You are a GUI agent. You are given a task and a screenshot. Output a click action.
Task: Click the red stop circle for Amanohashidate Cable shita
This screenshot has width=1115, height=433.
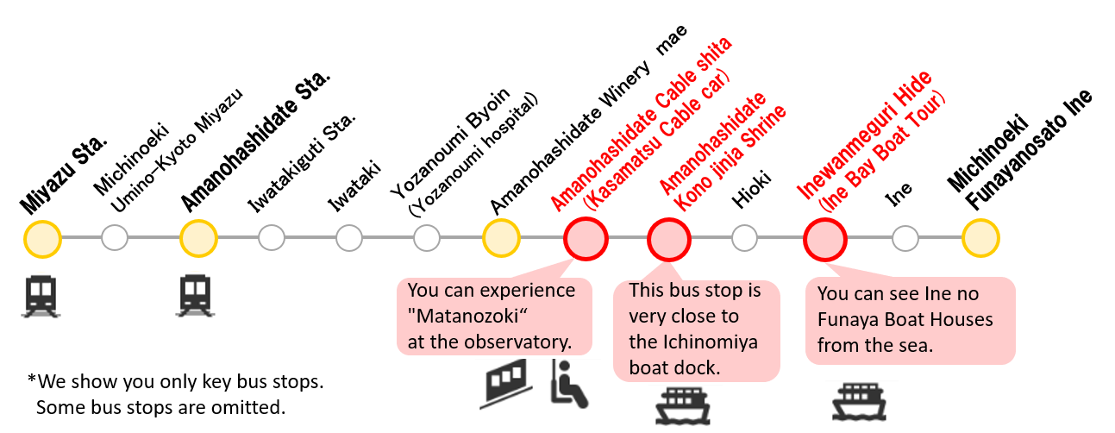point(586,238)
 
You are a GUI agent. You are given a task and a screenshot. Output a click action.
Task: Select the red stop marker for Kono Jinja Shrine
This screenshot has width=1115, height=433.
point(669,238)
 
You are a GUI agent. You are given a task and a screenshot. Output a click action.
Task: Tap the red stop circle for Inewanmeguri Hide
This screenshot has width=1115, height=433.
point(824,238)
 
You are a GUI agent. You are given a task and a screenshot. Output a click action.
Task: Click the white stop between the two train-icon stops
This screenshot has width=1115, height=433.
point(115,237)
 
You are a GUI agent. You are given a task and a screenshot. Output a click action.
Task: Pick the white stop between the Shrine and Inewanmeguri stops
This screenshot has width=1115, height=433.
point(744,237)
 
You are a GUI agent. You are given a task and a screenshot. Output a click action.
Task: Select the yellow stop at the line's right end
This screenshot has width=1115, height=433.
point(980,238)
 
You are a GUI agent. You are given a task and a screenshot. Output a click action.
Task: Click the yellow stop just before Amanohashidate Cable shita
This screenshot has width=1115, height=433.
point(501,238)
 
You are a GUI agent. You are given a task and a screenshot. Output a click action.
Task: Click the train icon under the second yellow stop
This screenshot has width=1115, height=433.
point(197,300)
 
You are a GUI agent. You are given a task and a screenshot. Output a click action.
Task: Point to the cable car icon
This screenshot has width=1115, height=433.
point(504,385)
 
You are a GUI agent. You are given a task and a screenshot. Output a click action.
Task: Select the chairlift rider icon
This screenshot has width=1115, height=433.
point(574,385)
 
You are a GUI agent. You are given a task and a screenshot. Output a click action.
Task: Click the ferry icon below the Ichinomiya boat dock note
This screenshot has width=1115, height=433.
point(685,406)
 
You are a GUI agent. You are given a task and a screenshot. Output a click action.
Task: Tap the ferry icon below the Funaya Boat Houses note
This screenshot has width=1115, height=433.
point(861,403)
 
